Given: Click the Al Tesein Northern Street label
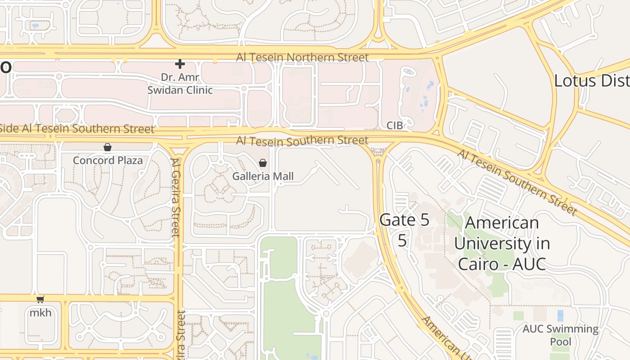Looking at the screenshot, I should tap(302, 58).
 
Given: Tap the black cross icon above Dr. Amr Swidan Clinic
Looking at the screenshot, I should tap(180, 64).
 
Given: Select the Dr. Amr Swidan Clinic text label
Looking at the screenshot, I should tap(180, 84).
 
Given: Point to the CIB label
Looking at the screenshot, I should tap(394, 125).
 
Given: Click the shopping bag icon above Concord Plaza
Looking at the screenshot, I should tap(108, 147).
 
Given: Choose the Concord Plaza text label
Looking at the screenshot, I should tap(108, 161).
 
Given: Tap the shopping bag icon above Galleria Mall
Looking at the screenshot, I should tap(263, 163).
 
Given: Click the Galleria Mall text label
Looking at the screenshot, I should tap(263, 176).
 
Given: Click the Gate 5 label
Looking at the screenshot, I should tap(404, 220).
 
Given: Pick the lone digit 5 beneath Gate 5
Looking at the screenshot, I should tap(402, 241).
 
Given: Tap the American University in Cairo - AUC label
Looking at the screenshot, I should tap(502, 243).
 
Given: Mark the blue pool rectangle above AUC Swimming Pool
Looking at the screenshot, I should tap(560, 315).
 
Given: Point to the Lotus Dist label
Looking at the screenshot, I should tap(591, 81).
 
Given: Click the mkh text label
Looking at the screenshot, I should tap(40, 312).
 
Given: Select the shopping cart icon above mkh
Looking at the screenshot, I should tap(40, 300).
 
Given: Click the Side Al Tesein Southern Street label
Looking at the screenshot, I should tap(76, 129).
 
